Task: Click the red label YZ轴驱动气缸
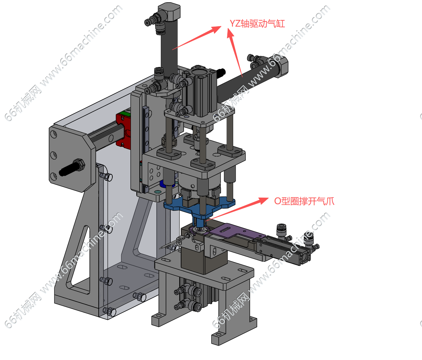257,24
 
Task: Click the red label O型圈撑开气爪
304,201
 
